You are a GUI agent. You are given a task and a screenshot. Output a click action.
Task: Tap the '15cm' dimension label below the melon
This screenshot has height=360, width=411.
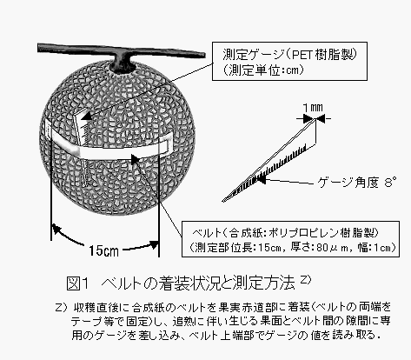(103, 250)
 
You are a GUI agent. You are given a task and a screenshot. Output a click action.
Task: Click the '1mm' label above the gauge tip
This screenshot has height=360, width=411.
(313, 108)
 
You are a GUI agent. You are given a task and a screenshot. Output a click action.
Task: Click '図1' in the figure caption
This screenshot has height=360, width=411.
(77, 283)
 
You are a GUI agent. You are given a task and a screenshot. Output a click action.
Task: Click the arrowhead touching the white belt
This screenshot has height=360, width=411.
(136, 159)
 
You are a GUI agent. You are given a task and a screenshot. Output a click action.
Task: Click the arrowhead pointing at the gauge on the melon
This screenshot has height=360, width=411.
(86, 116)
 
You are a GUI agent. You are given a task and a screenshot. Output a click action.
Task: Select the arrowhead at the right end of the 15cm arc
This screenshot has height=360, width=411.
(155, 245)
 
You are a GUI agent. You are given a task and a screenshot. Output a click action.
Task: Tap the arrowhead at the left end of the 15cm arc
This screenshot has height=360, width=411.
(56, 229)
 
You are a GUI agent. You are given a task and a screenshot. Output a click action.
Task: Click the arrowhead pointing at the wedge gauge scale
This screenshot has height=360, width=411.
(261, 179)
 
